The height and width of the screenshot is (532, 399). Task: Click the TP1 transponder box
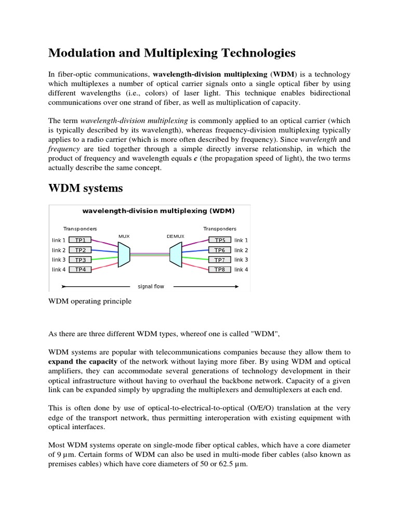pyautogui.click(x=81, y=240)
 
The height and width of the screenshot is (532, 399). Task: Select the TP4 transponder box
pyautogui.click(x=81, y=270)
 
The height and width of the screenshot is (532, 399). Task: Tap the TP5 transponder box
pyautogui.click(x=220, y=240)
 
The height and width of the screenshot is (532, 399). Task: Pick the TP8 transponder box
pyautogui.click(x=220, y=270)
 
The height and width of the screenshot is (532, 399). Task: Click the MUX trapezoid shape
pyautogui.click(x=124, y=255)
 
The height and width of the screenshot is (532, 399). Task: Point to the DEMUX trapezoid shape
pyautogui.click(x=176, y=255)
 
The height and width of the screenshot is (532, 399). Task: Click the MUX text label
pyautogui.click(x=124, y=236)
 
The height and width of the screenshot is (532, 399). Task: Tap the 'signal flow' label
pyautogui.click(x=151, y=286)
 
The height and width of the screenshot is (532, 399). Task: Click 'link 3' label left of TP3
pyautogui.click(x=59, y=260)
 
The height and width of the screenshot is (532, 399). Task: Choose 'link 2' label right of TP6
pyautogui.click(x=241, y=250)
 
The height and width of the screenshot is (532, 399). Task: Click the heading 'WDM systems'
pyautogui.click(x=86, y=188)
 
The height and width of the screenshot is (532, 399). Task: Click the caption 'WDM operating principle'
pyautogui.click(x=90, y=301)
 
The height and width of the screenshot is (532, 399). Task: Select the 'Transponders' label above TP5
pyautogui.click(x=220, y=229)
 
